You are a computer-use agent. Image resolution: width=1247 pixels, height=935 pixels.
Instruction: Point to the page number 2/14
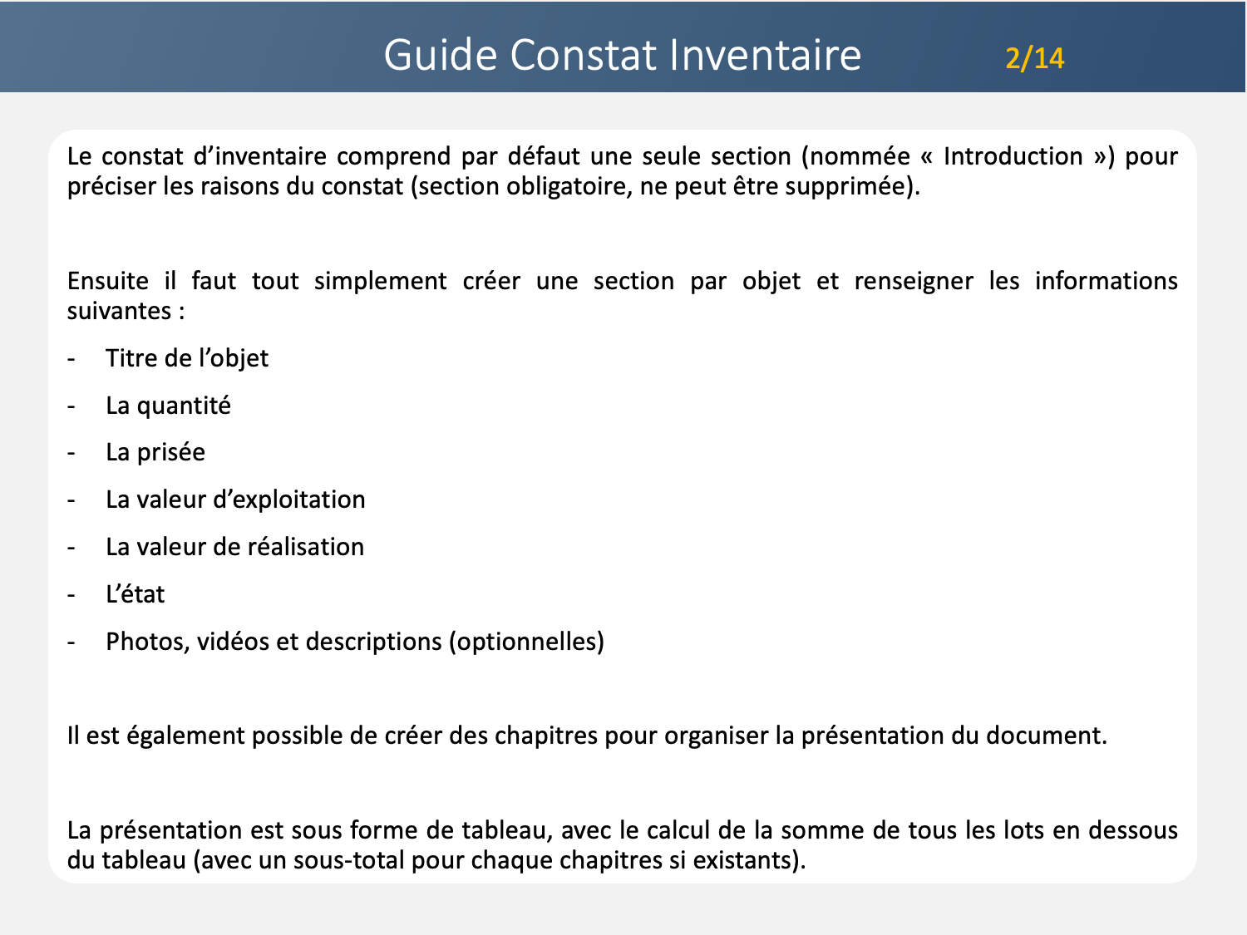(1034, 58)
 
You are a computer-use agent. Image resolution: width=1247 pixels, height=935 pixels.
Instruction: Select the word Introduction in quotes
(1013, 156)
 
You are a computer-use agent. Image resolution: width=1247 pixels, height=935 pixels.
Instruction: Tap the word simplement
(380, 281)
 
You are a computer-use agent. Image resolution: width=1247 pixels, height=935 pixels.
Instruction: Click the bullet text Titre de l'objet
(187, 358)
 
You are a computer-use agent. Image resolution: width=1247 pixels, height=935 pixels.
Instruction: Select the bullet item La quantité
(168, 406)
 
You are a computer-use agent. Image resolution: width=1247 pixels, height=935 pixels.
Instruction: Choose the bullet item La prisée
(155, 452)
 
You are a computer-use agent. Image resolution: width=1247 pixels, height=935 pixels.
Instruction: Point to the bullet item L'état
(136, 594)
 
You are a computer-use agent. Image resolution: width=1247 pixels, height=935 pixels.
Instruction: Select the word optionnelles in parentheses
(526, 642)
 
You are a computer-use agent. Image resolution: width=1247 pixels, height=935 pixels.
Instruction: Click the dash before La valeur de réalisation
(71, 547)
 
